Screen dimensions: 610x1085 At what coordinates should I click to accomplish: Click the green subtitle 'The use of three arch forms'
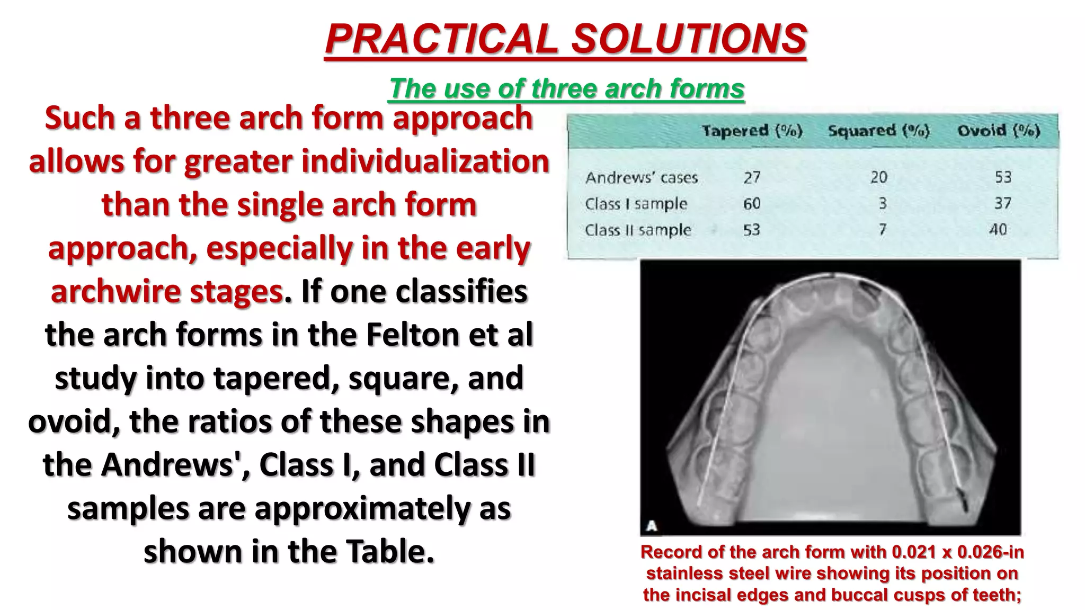point(567,88)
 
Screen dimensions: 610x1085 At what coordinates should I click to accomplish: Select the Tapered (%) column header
point(752,131)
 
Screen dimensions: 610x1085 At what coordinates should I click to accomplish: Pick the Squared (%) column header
point(878,131)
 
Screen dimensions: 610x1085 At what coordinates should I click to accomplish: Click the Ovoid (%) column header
point(999,131)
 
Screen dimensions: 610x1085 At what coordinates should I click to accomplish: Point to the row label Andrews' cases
point(641,177)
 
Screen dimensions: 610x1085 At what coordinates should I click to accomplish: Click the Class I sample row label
point(636,204)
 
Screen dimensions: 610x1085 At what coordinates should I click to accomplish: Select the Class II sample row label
point(638,230)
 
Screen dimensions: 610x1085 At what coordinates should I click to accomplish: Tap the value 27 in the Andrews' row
point(752,177)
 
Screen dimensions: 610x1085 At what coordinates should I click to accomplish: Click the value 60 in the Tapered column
point(752,203)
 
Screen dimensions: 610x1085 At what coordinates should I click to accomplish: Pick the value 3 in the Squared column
point(882,203)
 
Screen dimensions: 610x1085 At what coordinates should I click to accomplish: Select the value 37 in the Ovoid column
point(1002,203)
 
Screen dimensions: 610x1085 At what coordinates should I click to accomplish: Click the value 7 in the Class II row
point(882,230)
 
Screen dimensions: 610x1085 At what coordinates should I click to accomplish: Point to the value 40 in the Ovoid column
point(998,230)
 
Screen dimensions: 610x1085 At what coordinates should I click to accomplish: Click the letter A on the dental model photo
point(652,526)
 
